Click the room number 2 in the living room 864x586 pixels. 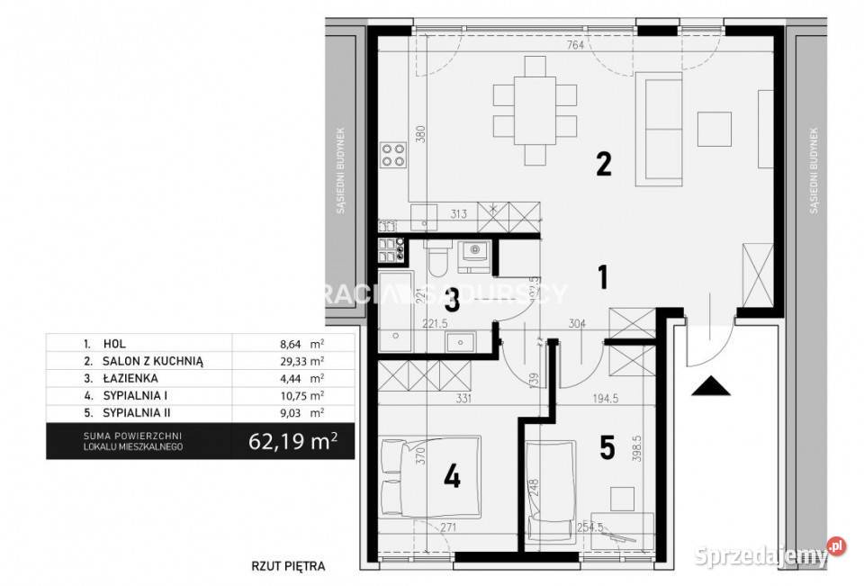click(604, 164)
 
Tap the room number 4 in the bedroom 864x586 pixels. click(451, 475)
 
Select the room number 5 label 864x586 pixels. click(607, 448)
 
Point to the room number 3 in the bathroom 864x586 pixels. click(452, 300)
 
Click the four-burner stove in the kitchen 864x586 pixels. click(392, 156)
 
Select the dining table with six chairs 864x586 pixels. click(535, 112)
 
